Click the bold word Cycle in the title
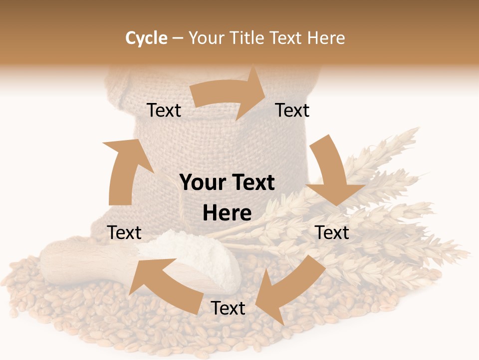(146, 38)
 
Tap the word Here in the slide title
(327, 38)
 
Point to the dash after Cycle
(177, 38)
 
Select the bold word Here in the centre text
(227, 213)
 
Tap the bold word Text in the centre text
(251, 183)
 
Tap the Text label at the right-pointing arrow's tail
(164, 110)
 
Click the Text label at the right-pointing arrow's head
(292, 110)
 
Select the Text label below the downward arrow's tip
(332, 232)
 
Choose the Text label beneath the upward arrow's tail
(124, 232)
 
